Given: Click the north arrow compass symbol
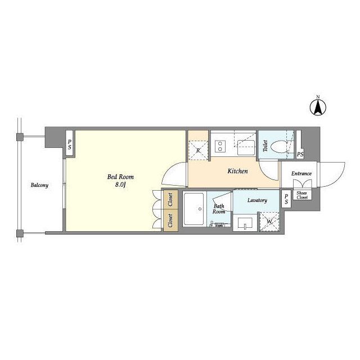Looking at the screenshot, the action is tap(318, 107).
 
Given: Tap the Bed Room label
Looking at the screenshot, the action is tap(120, 177).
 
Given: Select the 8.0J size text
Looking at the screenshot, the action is tap(120, 184).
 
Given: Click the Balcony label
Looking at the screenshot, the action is tap(39, 185).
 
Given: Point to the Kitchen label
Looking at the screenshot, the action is tap(237, 171).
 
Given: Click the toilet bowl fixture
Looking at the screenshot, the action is tap(278, 146).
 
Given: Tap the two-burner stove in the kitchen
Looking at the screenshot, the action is tap(220, 146).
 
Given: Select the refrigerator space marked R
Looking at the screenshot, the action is tap(198, 150).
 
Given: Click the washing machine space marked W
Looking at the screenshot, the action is tap(269, 222).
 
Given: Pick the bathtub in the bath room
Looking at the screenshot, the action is tap(193, 209).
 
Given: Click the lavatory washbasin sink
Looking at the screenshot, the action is tap(245, 223).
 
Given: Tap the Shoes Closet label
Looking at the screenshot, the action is tap(302, 195).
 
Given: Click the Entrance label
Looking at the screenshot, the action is tap(301, 174).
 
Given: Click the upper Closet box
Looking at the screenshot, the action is tap(170, 200).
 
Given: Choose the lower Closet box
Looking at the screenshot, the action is tap(170, 220).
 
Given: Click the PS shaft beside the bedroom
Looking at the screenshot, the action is tap(70, 144).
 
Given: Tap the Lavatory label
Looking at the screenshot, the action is tap(257, 200).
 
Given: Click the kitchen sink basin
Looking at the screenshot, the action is tap(246, 147).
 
